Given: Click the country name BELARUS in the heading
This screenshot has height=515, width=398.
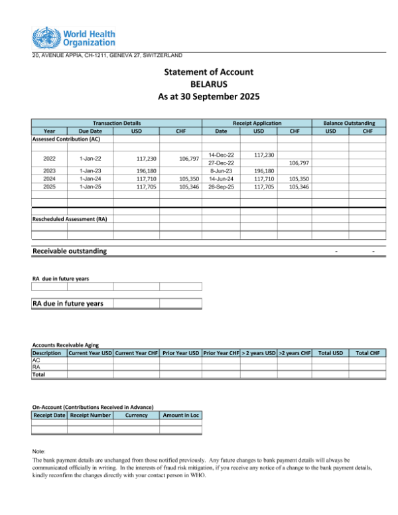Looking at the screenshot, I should (208, 84).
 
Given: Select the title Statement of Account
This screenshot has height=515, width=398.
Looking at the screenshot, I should (208, 72).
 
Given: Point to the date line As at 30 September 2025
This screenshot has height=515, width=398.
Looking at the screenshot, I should (208, 97).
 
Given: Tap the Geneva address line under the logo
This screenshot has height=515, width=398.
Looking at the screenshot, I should (108, 55).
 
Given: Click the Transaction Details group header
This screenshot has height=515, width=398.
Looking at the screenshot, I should (116, 123).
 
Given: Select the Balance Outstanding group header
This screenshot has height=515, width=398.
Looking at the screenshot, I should (349, 123).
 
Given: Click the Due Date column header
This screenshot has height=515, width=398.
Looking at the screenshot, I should (90, 131).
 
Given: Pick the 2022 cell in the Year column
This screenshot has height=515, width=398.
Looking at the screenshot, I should (49, 159).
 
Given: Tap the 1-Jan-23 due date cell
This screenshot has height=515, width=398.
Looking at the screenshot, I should (90, 171).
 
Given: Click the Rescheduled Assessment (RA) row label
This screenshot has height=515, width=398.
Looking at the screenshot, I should (70, 218).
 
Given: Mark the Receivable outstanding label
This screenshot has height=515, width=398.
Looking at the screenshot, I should (70, 252).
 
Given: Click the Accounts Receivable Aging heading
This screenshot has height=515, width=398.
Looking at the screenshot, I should (66, 345).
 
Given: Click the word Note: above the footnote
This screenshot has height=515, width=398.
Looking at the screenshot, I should (39, 451).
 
